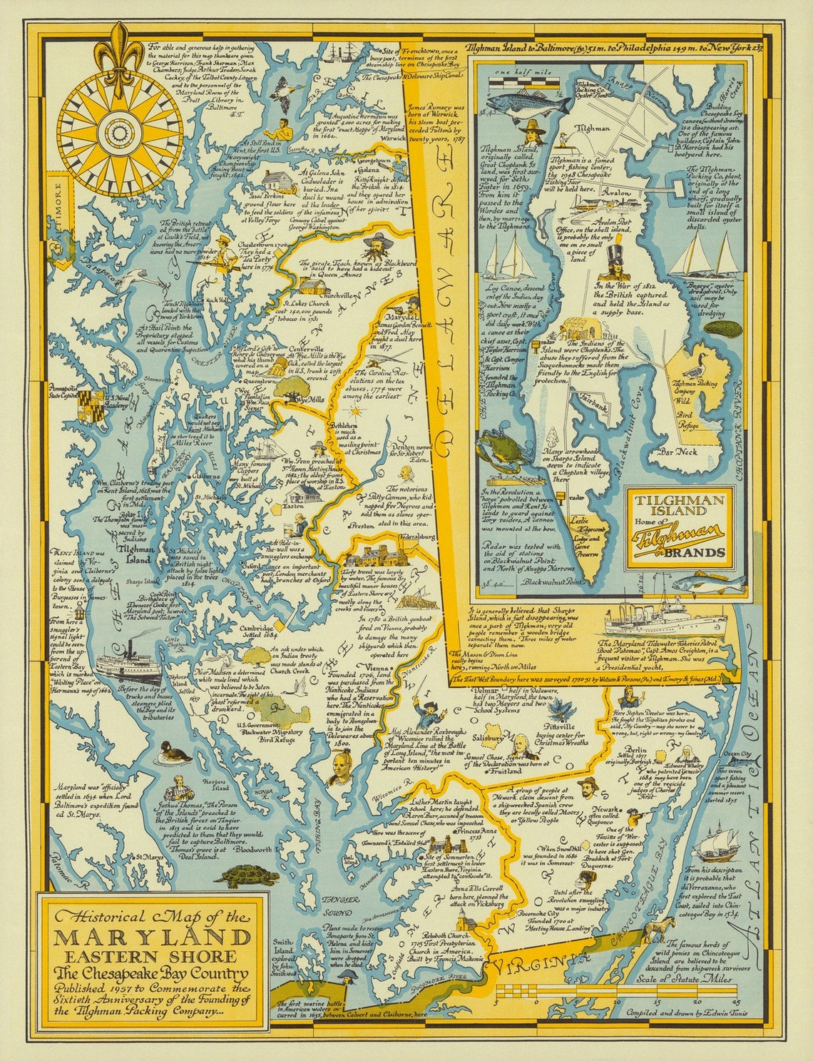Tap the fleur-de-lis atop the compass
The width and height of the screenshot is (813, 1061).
113,51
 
